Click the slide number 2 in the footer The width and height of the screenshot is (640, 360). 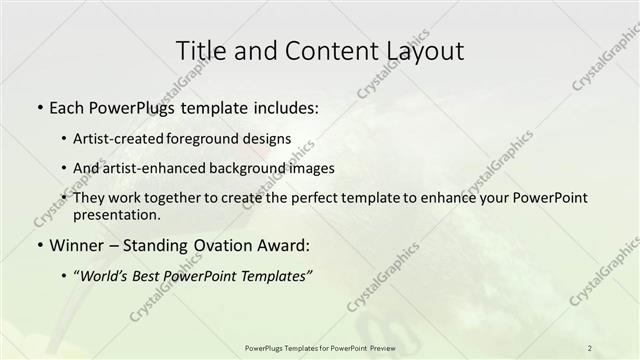pyautogui.click(x=590, y=347)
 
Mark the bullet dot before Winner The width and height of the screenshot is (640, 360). pyautogui.click(x=38, y=245)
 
